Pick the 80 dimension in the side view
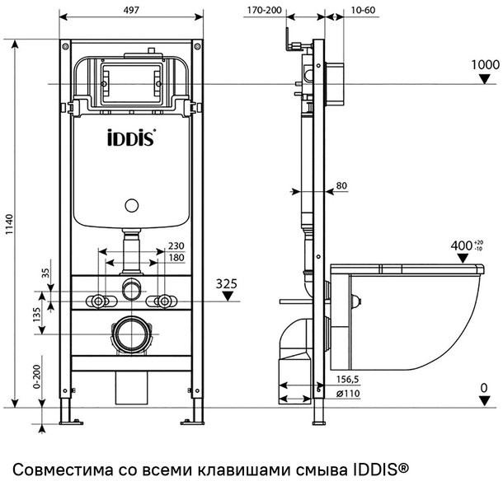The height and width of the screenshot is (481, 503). coord(341,186)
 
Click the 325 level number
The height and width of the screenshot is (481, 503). coord(228,284)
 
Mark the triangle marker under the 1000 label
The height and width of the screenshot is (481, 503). coord(485,78)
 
